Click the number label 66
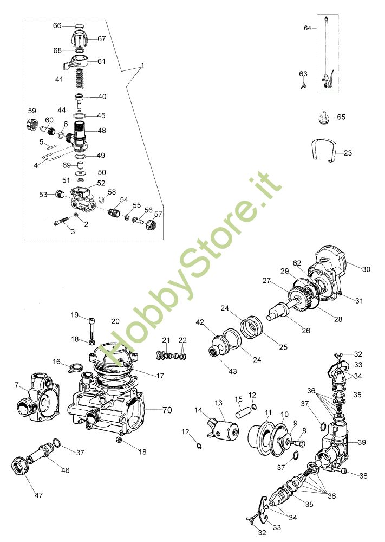57,25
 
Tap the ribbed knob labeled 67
79,39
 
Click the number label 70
167,410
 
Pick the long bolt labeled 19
92,327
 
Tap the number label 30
366,268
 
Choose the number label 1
142,65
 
